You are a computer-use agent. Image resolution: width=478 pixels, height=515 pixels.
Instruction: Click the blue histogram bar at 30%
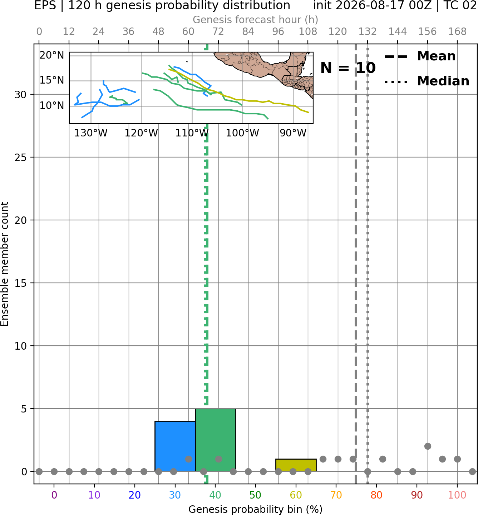pos(175,446)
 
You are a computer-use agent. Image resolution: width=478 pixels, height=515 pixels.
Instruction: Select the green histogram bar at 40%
pos(216,440)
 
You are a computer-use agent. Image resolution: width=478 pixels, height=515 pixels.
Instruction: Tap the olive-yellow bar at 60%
pos(296,465)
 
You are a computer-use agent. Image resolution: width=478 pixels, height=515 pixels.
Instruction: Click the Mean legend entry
pos(420,56)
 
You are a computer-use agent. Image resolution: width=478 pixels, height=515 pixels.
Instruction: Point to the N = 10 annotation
pos(348,68)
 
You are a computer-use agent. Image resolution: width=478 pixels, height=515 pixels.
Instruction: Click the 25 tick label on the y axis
pos(21,157)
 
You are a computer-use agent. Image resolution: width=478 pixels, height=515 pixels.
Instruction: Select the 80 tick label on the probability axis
pos(376,495)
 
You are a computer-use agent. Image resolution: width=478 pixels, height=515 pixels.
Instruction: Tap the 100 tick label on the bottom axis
pos(457,495)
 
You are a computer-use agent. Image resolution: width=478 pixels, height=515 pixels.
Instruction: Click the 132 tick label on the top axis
pos(368,32)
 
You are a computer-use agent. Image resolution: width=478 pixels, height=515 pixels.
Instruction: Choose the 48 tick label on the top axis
pos(158,32)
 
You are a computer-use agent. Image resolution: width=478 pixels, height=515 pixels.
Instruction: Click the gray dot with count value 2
pos(428,446)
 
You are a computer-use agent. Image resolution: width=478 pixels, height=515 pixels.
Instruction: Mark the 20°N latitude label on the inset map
pos(52,55)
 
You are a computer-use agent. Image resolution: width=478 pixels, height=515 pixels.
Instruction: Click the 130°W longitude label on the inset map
pos(91,133)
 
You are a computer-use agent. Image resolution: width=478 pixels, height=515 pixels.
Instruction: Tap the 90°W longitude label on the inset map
pos(293,133)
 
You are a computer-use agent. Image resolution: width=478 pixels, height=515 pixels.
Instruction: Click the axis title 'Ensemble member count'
pos(4,264)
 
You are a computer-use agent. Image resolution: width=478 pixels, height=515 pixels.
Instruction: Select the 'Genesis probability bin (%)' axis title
pos(256,509)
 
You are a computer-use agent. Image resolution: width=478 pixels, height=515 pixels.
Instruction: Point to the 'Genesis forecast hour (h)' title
pos(256,20)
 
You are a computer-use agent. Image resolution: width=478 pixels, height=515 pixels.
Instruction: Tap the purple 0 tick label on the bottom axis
pos(54,495)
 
